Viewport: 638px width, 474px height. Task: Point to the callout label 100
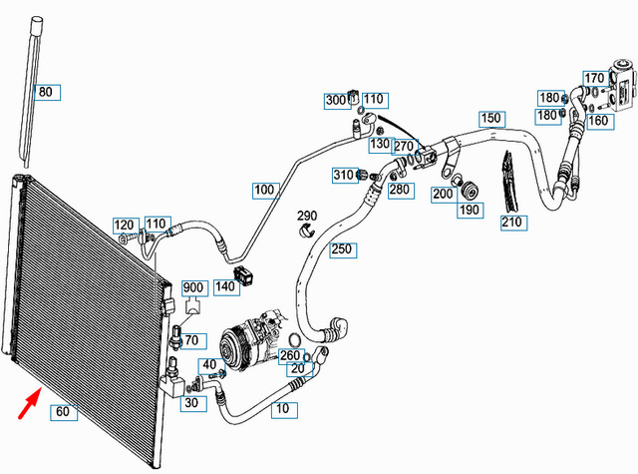[264, 189]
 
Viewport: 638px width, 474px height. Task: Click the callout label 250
[342, 248]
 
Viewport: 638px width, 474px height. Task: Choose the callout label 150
[490, 118]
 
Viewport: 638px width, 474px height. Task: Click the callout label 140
[224, 286]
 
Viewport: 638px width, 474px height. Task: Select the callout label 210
[511, 222]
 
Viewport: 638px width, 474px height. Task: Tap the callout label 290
[307, 216]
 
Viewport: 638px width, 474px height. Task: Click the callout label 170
[594, 78]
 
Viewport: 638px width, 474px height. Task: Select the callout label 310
[344, 175]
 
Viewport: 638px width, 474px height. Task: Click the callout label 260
[290, 354]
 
